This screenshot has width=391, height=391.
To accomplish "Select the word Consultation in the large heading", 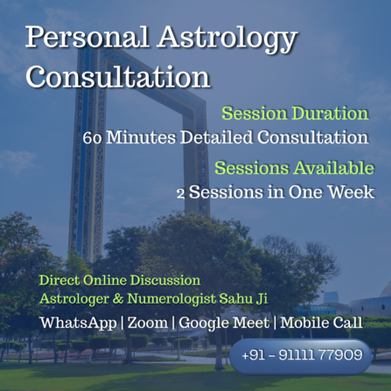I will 118,76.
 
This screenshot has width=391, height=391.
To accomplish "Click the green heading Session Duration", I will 295,114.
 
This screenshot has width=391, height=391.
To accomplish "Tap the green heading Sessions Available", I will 294,169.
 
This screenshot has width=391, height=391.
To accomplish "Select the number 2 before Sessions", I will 231,192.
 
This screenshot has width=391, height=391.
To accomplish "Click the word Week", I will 349,192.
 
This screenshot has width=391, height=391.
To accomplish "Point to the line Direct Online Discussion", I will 120,281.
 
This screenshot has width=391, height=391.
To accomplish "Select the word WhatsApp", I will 78,323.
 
